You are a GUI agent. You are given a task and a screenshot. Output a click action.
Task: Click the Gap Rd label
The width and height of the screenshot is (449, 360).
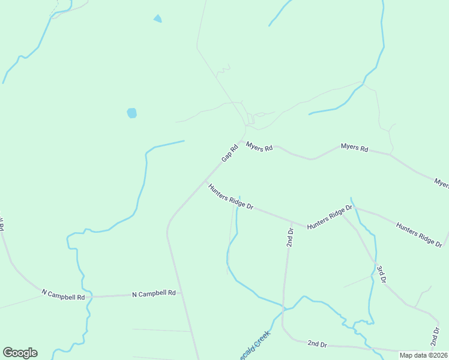pyautogui.click(x=230, y=152)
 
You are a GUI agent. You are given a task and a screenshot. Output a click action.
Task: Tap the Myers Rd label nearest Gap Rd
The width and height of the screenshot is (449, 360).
pyautogui.click(x=260, y=146)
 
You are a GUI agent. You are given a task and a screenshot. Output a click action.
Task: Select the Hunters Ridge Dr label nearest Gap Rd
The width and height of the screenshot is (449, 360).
pyautogui.click(x=231, y=196)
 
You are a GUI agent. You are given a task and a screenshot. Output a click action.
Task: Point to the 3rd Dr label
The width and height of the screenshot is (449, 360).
pyautogui.click(x=381, y=273)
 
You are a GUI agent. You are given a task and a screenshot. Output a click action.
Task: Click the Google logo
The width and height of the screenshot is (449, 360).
pyautogui.click(x=20, y=353)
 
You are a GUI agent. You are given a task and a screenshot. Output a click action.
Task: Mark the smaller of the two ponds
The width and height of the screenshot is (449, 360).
pyautogui.click(x=157, y=19)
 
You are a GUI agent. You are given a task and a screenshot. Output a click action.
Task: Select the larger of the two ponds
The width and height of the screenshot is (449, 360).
pyautogui.click(x=132, y=113)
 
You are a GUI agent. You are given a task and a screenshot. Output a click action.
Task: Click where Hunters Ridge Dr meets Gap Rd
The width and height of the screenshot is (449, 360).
pyautogui.click(x=206, y=181)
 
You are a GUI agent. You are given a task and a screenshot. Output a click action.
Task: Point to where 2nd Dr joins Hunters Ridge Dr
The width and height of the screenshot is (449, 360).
pyautogui.click(x=291, y=224)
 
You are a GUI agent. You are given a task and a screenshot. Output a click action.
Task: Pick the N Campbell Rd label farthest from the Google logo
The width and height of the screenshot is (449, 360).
pyautogui.click(x=154, y=293)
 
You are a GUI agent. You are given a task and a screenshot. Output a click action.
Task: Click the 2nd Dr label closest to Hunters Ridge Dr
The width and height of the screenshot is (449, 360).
pyautogui.click(x=290, y=237)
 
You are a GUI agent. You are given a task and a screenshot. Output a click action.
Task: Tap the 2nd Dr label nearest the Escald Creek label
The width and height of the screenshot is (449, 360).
pyautogui.click(x=316, y=344)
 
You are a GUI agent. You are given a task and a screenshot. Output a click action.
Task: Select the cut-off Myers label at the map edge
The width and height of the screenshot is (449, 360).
pyautogui.click(x=442, y=184)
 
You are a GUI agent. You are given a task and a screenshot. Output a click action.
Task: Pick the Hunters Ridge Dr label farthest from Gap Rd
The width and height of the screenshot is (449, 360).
pyautogui.click(x=419, y=234)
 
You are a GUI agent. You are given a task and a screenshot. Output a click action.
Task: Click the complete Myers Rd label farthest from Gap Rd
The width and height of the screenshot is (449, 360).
pyautogui.click(x=354, y=147)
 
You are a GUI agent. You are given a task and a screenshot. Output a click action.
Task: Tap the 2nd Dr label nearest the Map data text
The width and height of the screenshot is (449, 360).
pyautogui.click(x=434, y=337)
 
